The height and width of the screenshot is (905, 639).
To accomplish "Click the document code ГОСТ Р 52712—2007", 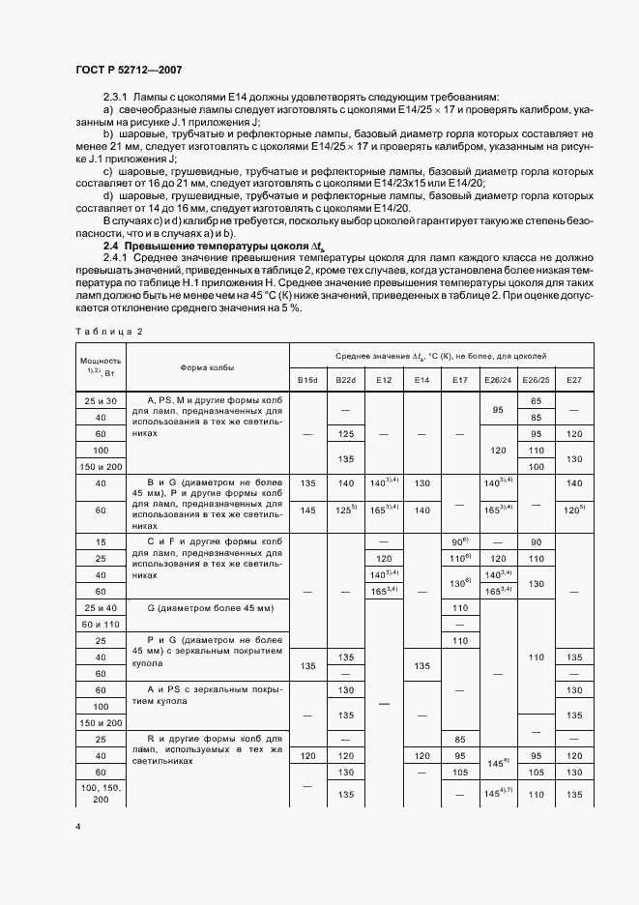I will point(128,70).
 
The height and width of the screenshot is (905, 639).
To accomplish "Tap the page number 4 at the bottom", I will point(76,827).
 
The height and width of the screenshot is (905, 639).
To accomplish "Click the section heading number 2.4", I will point(111,247).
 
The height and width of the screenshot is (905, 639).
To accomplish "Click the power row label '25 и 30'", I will point(101,400).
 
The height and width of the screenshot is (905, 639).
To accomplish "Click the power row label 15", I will point(101,542).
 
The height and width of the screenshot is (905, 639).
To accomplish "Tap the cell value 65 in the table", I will point(535,399).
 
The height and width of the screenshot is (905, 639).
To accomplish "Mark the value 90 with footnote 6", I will point(459,542).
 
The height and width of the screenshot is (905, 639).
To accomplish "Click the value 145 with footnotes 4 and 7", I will point(497,794).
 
